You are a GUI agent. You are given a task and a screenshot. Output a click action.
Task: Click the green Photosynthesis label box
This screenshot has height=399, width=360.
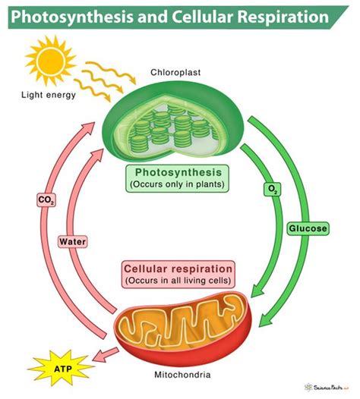point(178,177)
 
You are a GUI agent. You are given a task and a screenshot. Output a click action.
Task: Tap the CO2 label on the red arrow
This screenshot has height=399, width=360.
point(46,200)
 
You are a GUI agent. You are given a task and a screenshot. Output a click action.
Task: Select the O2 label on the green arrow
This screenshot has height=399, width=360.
point(271,188)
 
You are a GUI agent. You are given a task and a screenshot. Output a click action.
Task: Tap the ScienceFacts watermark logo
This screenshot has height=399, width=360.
point(333,385)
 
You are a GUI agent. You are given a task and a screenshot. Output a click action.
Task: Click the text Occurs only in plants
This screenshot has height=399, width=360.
point(178,184)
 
